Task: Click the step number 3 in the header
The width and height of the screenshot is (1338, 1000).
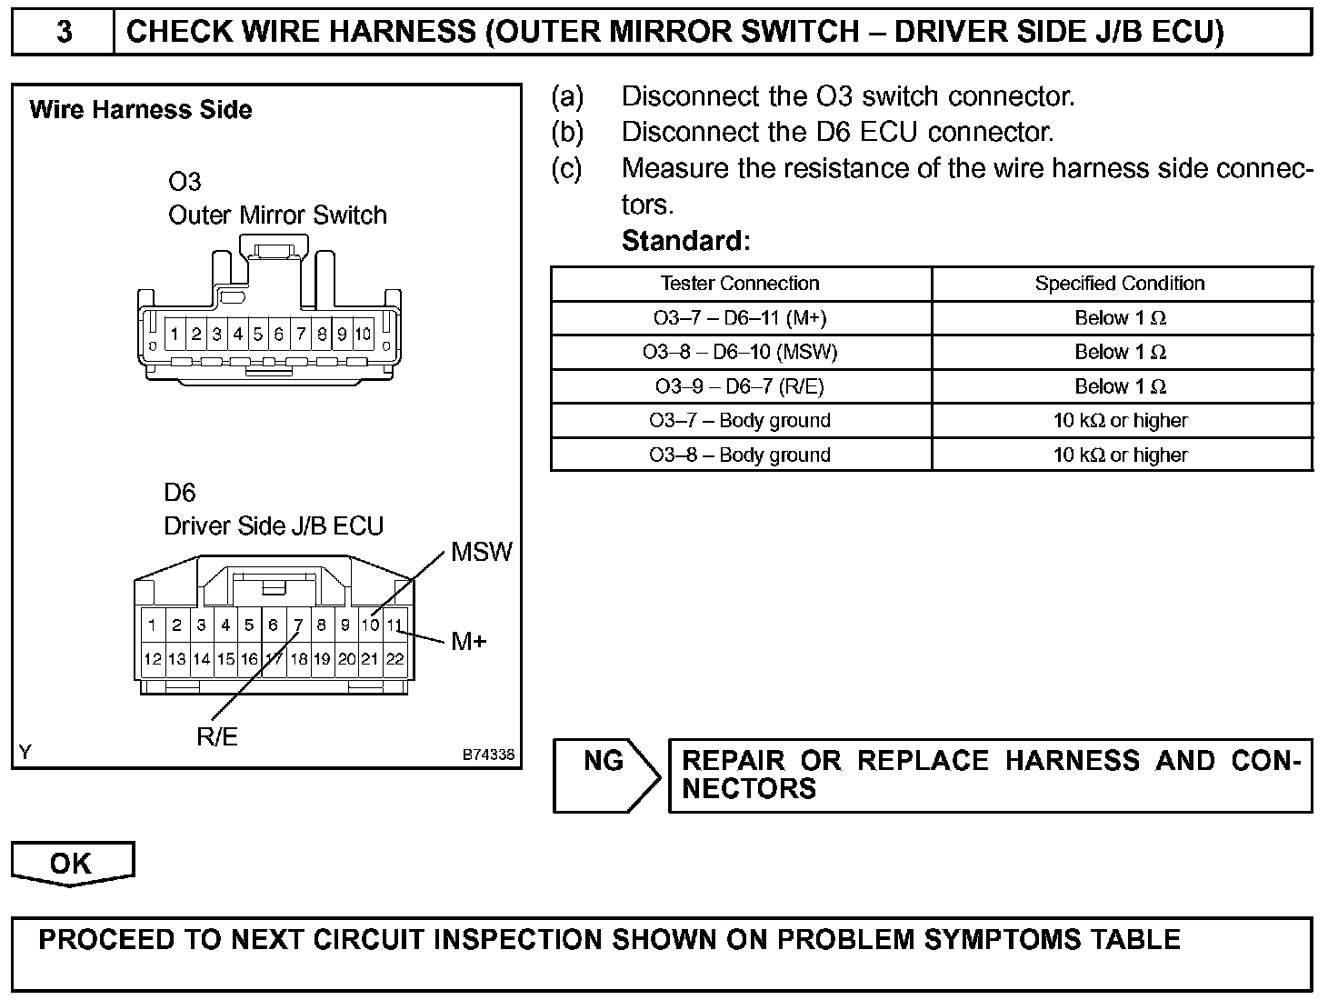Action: click(x=64, y=32)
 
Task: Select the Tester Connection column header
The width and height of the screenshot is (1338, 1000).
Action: click(x=740, y=284)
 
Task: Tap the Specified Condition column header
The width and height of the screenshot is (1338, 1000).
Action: click(x=1120, y=284)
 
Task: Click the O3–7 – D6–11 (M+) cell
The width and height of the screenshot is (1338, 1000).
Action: click(x=740, y=318)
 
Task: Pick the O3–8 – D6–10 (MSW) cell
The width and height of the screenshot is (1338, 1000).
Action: click(x=740, y=352)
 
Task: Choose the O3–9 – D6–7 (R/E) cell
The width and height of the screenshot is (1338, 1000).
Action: click(x=740, y=386)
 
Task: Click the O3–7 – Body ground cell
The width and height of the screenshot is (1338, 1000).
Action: click(x=740, y=421)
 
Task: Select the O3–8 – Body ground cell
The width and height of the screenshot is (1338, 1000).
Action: click(x=740, y=455)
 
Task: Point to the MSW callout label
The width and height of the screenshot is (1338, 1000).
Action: click(x=482, y=552)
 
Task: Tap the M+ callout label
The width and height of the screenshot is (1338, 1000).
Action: click(x=469, y=642)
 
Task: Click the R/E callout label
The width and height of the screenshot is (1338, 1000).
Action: click(x=217, y=736)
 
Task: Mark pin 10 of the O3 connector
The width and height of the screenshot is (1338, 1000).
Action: click(x=363, y=334)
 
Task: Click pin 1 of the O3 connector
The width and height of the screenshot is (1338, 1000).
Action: click(x=175, y=334)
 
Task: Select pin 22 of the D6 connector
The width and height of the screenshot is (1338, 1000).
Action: click(x=394, y=659)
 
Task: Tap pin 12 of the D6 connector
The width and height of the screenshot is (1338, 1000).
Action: click(x=153, y=659)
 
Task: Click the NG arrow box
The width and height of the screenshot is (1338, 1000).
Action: click(x=605, y=775)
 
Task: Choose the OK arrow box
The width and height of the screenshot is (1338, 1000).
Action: click(x=72, y=863)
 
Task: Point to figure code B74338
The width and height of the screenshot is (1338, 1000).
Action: click(x=488, y=755)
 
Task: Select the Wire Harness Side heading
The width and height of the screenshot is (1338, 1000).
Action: click(x=141, y=110)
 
